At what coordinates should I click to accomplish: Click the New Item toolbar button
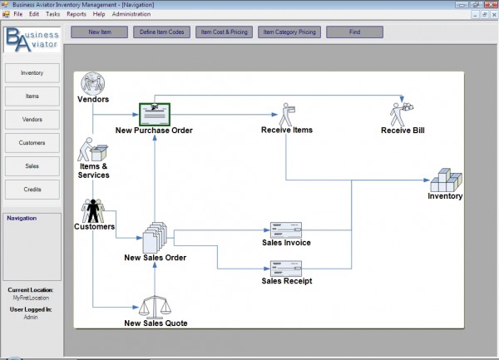[x=99, y=32]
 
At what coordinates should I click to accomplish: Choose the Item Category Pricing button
[x=289, y=32]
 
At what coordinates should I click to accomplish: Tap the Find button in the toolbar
[x=355, y=32]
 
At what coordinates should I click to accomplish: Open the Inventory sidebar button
[x=32, y=73]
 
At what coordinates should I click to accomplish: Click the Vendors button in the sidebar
[x=32, y=120]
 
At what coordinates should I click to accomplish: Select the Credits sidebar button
[x=32, y=190]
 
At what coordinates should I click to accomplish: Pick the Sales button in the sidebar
[x=32, y=166]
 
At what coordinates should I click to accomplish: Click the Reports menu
[x=76, y=14]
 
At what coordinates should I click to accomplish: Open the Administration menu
[x=131, y=14]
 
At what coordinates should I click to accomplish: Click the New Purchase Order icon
[x=155, y=114]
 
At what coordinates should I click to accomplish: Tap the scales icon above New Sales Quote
[x=156, y=306]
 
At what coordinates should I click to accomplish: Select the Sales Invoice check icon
[x=286, y=229]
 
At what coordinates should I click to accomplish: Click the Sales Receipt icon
[x=286, y=268]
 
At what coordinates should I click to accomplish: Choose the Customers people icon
[x=94, y=210]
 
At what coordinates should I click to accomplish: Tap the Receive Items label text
[x=286, y=130]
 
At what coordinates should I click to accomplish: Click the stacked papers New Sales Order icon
[x=155, y=239]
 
